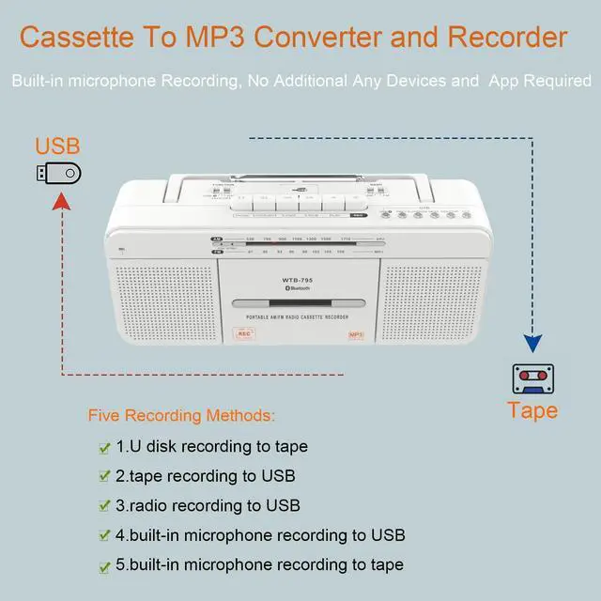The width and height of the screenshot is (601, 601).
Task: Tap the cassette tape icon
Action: [x=532, y=379]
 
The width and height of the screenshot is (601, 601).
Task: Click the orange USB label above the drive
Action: [x=57, y=146]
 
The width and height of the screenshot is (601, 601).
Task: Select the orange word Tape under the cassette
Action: [x=532, y=410]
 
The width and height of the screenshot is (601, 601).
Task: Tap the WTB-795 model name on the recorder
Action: [x=297, y=279]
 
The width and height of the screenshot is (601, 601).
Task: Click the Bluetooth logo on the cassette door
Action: [x=298, y=289]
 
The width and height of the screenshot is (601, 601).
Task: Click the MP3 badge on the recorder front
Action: [x=356, y=333]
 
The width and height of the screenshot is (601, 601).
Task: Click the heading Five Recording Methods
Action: [x=182, y=415]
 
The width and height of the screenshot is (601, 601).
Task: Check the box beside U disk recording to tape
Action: [x=104, y=447]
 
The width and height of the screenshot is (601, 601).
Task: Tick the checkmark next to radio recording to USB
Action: [x=104, y=506]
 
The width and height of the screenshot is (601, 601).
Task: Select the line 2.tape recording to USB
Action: [x=206, y=476]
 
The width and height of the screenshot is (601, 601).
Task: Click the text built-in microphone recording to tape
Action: [x=260, y=564]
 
